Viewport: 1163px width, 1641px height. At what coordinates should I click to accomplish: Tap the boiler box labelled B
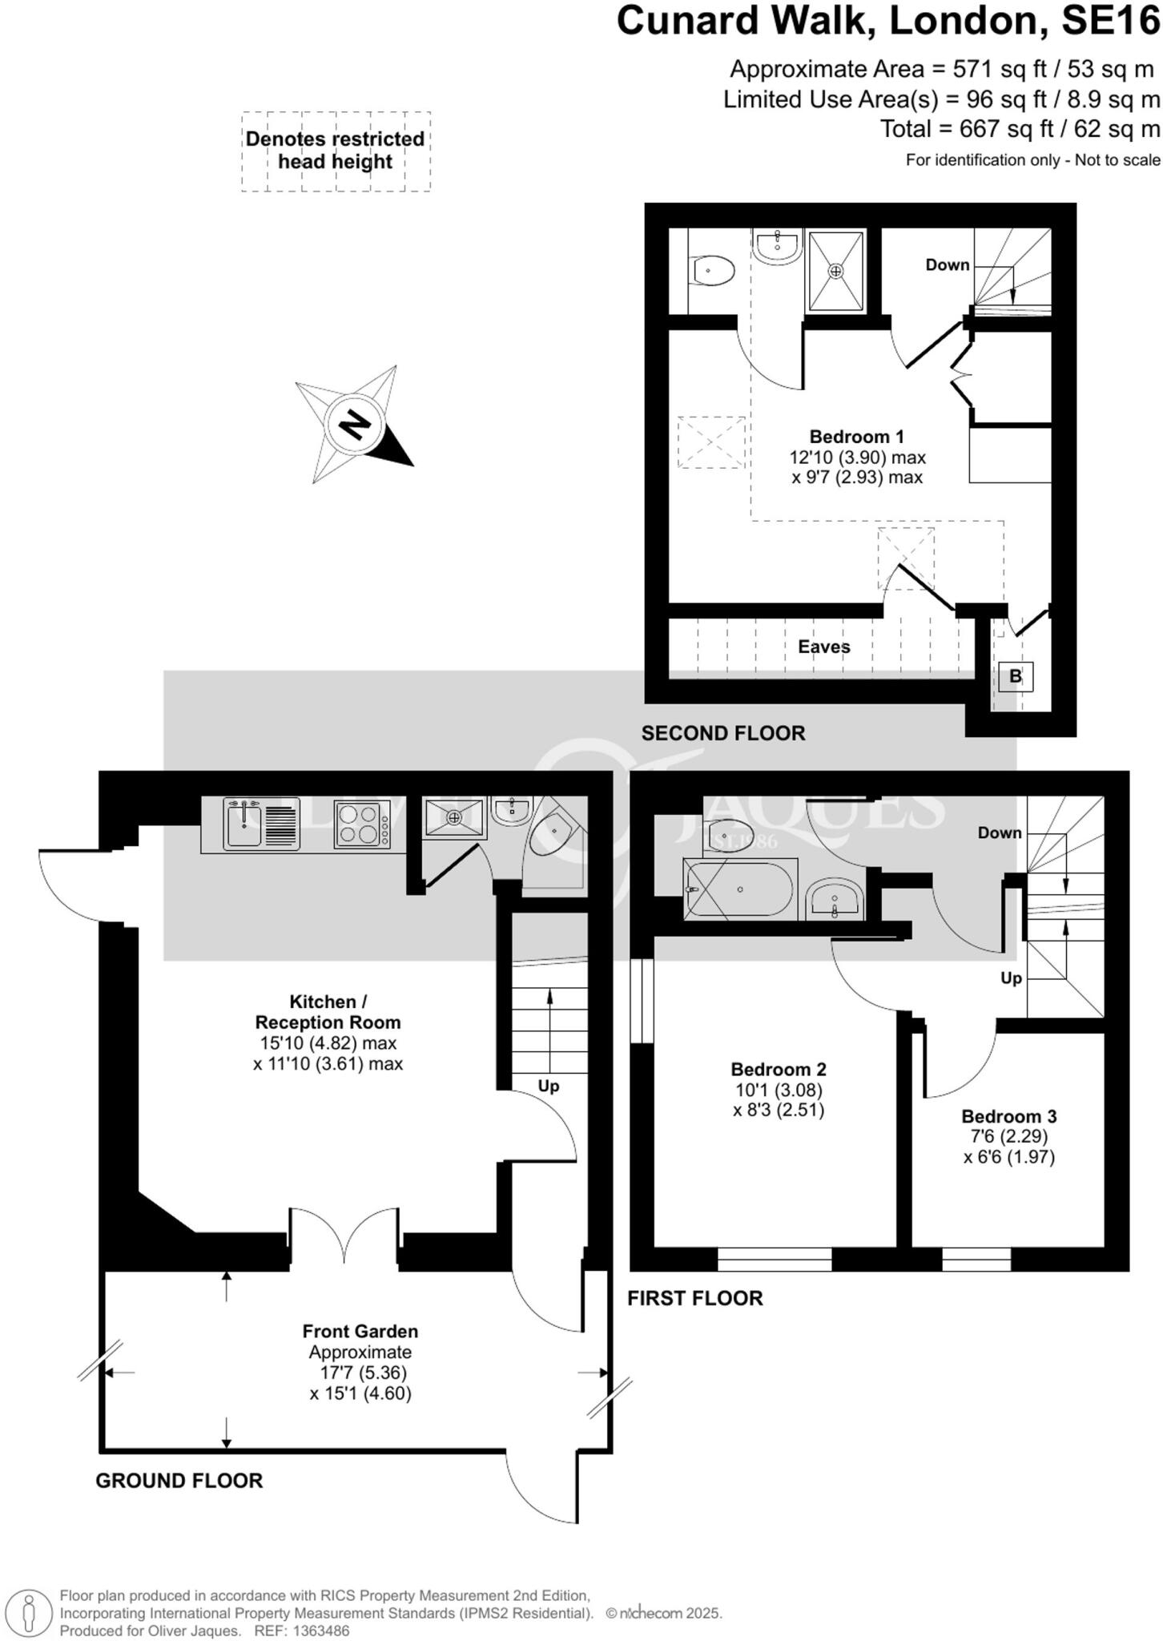coord(1015,676)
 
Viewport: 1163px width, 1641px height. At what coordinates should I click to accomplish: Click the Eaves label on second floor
coord(823,647)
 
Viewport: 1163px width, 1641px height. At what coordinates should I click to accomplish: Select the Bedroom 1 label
coord(856,437)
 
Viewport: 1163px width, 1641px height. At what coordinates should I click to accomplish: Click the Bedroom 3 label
coord(1008,1116)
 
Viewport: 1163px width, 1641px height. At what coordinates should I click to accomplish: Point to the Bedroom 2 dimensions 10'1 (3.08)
coord(779,1090)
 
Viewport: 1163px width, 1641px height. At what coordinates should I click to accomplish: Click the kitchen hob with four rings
coord(357,825)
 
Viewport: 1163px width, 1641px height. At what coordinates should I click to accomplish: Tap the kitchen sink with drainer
coord(260,825)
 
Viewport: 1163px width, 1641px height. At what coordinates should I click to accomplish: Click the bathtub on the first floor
coord(739,889)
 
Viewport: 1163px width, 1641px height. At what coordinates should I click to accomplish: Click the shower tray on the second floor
coord(835,271)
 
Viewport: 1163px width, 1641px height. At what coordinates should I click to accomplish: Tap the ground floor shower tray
coord(454,817)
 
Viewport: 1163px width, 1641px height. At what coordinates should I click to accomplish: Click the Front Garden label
coord(360,1332)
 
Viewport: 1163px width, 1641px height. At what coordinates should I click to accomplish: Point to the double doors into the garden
coord(344,1236)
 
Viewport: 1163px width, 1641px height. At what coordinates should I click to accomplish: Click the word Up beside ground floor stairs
coord(548,1087)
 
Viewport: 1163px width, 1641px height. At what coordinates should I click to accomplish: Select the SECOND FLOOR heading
coord(722,733)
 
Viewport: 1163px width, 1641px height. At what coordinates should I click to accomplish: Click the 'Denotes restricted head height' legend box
coord(336,151)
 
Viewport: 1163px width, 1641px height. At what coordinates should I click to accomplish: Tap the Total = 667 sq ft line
coord(1020,129)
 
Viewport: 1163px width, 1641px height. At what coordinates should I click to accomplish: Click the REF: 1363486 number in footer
coord(301,1631)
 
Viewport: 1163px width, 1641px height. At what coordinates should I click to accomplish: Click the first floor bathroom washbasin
coord(834,899)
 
